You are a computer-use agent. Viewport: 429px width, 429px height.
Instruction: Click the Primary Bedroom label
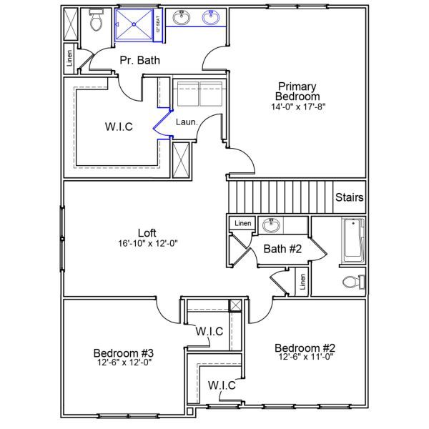[298, 92]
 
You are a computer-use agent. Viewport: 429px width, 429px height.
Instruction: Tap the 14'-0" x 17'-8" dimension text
[298, 107]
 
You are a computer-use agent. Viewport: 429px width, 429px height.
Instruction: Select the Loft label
[147, 232]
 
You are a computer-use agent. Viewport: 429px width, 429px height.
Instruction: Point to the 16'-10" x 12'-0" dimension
[147, 243]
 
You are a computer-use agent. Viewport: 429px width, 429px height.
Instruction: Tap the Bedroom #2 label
[305, 348]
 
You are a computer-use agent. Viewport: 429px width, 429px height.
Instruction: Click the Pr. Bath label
[139, 60]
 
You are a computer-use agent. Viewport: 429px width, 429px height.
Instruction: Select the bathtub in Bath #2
[352, 240]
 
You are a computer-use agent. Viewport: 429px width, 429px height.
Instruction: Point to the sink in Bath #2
[271, 226]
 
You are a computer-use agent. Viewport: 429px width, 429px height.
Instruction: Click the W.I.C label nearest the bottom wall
[222, 385]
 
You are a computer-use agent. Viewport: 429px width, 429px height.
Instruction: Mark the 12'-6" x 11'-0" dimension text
[305, 358]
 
